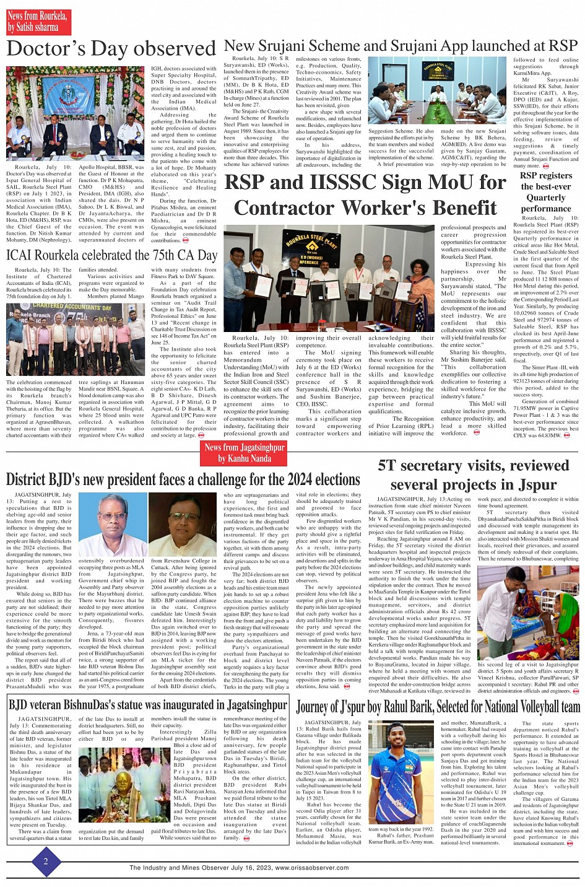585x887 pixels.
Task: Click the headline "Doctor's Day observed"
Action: (111, 49)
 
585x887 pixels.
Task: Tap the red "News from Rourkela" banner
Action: (38, 22)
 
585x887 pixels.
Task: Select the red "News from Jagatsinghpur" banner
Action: (245, 453)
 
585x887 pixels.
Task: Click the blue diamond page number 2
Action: (45, 861)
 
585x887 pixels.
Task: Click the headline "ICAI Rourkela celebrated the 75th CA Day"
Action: (111, 255)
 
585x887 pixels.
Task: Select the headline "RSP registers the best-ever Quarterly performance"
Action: (545, 192)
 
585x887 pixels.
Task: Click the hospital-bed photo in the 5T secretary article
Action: (528, 613)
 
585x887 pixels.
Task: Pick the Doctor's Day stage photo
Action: (76, 113)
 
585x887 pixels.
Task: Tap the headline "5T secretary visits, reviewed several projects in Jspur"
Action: (473, 474)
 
